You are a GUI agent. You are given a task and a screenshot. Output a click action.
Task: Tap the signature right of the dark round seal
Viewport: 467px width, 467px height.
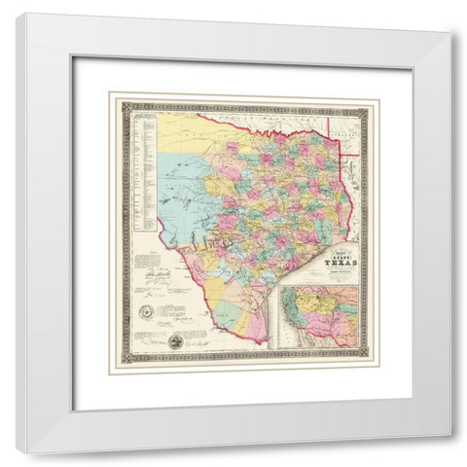[x=198, y=341]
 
